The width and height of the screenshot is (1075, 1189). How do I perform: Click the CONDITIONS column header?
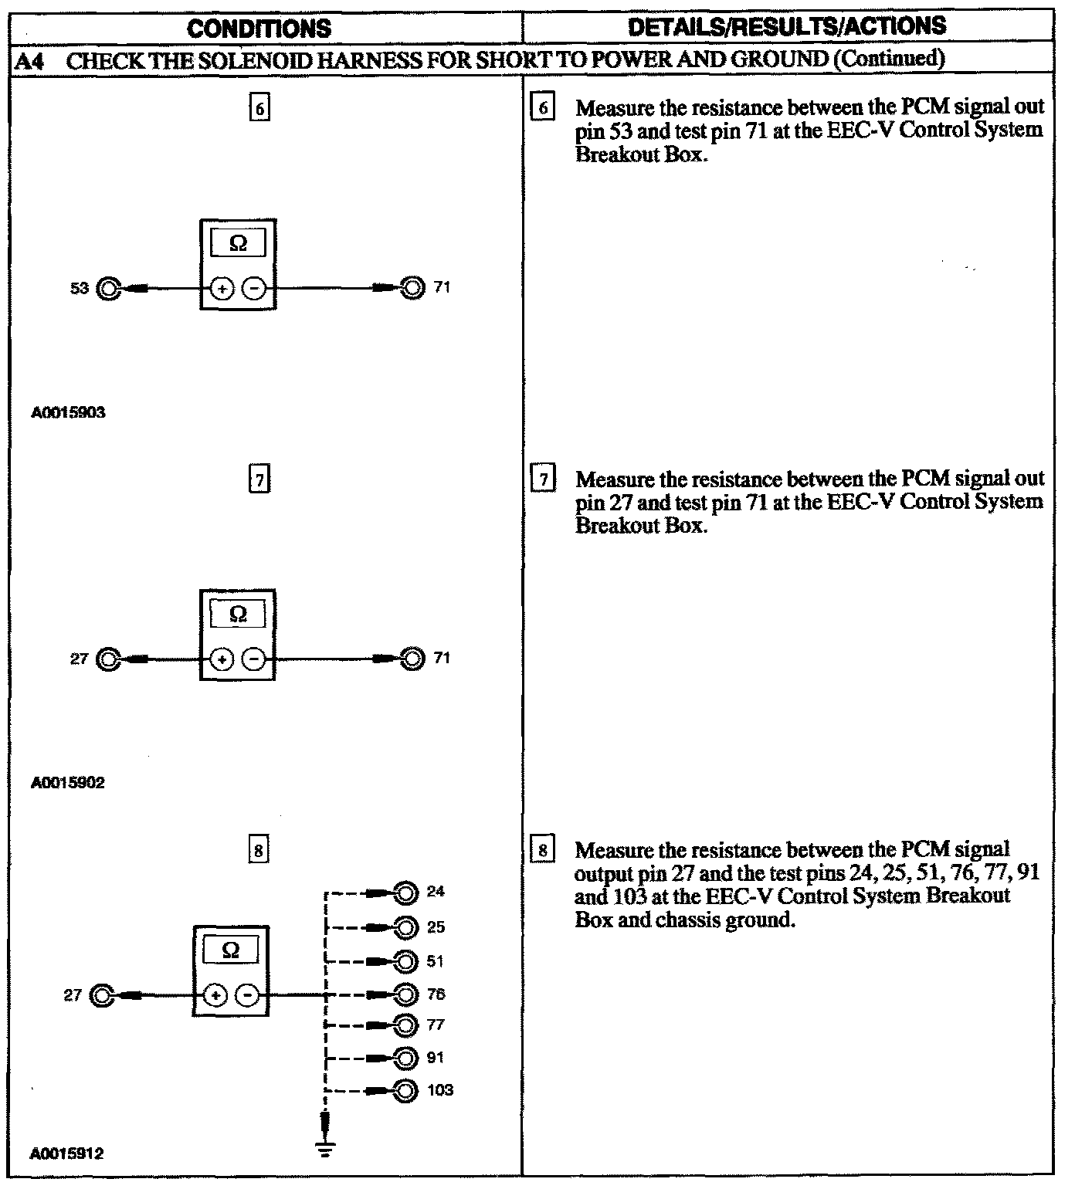pos(259,29)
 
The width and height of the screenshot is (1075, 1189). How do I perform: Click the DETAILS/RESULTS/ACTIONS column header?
pos(787,26)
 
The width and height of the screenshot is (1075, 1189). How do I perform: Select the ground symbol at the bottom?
pos(325,1150)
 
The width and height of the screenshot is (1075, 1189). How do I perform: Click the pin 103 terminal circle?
pos(405,1090)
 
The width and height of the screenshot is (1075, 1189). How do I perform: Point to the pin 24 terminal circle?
pos(405,893)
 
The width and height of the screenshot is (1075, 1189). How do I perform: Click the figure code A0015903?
pos(68,412)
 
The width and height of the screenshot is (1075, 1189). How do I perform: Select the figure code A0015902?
pos(68,783)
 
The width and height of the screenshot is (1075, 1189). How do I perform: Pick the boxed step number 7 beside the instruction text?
pos(544,480)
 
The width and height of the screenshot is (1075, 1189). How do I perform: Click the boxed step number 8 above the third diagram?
pos(259,851)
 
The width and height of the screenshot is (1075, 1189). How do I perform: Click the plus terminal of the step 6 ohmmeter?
pos(222,290)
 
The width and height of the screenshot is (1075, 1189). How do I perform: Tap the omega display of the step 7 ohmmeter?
pos(239,615)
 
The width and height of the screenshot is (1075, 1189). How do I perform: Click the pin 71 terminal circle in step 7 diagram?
pos(413,659)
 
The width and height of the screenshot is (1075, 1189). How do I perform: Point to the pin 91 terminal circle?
pos(405,1057)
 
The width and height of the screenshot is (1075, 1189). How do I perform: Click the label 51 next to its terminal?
pos(436,961)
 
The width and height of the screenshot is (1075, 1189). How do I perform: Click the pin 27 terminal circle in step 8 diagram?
pos(102,995)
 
